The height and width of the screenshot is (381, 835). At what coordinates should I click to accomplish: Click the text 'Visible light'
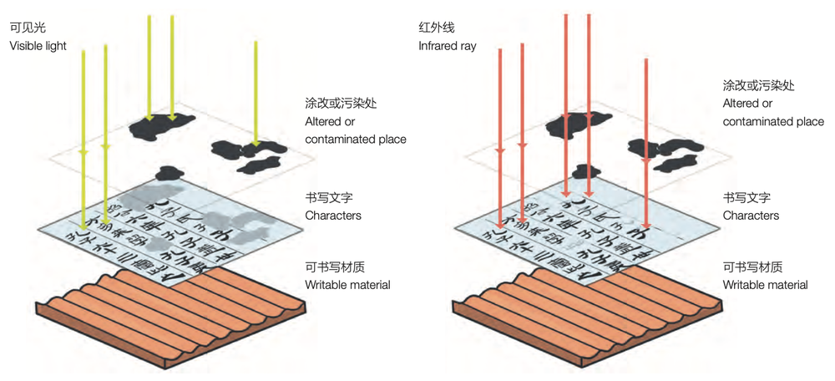[38, 46]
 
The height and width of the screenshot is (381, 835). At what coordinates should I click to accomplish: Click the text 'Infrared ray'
[447, 46]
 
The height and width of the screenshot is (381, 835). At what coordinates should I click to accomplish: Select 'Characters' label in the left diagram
[333, 216]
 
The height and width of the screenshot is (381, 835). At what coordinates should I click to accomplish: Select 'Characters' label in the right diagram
[751, 216]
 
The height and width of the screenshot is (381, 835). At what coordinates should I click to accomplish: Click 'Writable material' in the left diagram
[348, 285]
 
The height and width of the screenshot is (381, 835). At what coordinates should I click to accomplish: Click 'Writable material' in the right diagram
[765, 285]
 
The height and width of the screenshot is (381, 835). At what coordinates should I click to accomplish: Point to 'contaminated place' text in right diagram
[773, 122]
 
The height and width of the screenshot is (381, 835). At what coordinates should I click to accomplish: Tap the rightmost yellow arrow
[256, 92]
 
